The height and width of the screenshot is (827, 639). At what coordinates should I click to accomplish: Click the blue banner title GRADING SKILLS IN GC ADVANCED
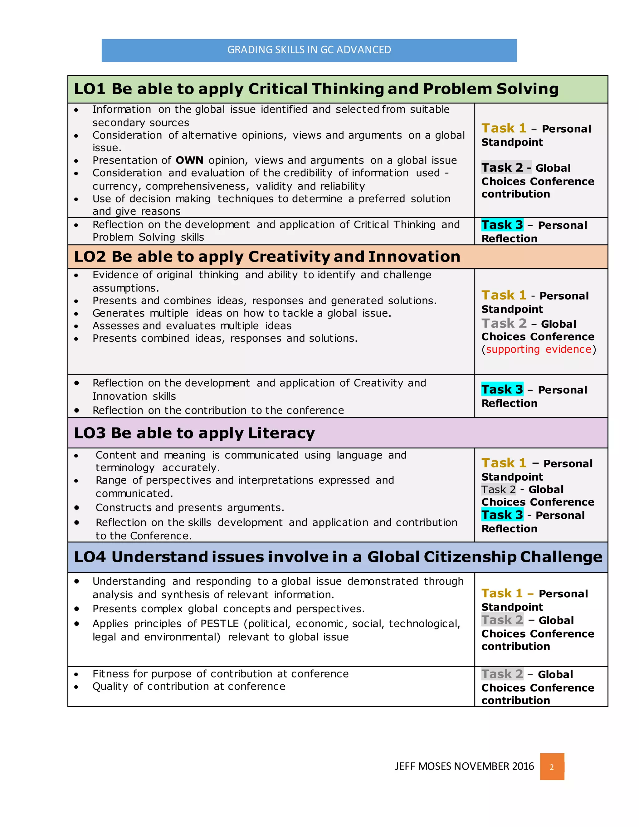coord(309,50)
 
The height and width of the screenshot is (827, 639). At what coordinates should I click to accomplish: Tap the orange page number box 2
coord(552,767)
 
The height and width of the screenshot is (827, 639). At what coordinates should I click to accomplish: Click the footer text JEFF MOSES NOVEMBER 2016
coord(464,766)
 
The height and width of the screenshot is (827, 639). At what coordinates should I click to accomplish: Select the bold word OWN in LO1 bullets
coord(189,160)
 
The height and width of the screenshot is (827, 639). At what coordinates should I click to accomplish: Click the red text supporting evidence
coord(538,350)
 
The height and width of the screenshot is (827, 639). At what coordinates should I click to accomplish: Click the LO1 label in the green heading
coord(89,89)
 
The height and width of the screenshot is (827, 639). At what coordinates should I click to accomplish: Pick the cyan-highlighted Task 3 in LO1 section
coord(502,225)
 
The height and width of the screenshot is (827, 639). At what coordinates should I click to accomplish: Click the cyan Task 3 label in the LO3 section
coord(502,515)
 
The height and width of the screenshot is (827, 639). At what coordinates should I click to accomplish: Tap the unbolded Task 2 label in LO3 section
coord(498,490)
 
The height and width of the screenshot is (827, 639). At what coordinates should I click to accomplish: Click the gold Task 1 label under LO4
coord(502,593)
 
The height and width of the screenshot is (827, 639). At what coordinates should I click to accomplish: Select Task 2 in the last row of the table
coord(502,674)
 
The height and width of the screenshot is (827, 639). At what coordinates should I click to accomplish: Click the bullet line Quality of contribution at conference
coord(188,687)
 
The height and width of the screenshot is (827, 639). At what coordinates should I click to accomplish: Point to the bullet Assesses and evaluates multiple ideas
coord(192,326)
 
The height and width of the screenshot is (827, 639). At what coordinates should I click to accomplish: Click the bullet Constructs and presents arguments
coord(190,508)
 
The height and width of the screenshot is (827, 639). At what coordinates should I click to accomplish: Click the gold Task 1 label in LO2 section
coord(504,295)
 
